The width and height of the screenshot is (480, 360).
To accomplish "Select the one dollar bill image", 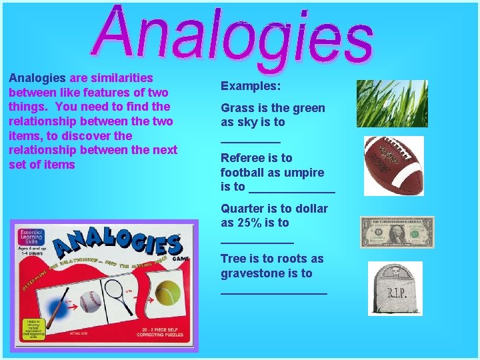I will pos(397,232).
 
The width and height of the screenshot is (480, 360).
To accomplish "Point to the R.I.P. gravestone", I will pos(395,288).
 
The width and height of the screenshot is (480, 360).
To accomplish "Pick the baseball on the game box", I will pos(90,301).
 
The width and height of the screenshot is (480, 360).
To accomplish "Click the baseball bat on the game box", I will pos(57,309).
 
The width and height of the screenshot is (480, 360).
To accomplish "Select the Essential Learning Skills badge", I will pos(31,237).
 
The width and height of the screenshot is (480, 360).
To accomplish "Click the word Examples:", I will pos(251,86).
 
